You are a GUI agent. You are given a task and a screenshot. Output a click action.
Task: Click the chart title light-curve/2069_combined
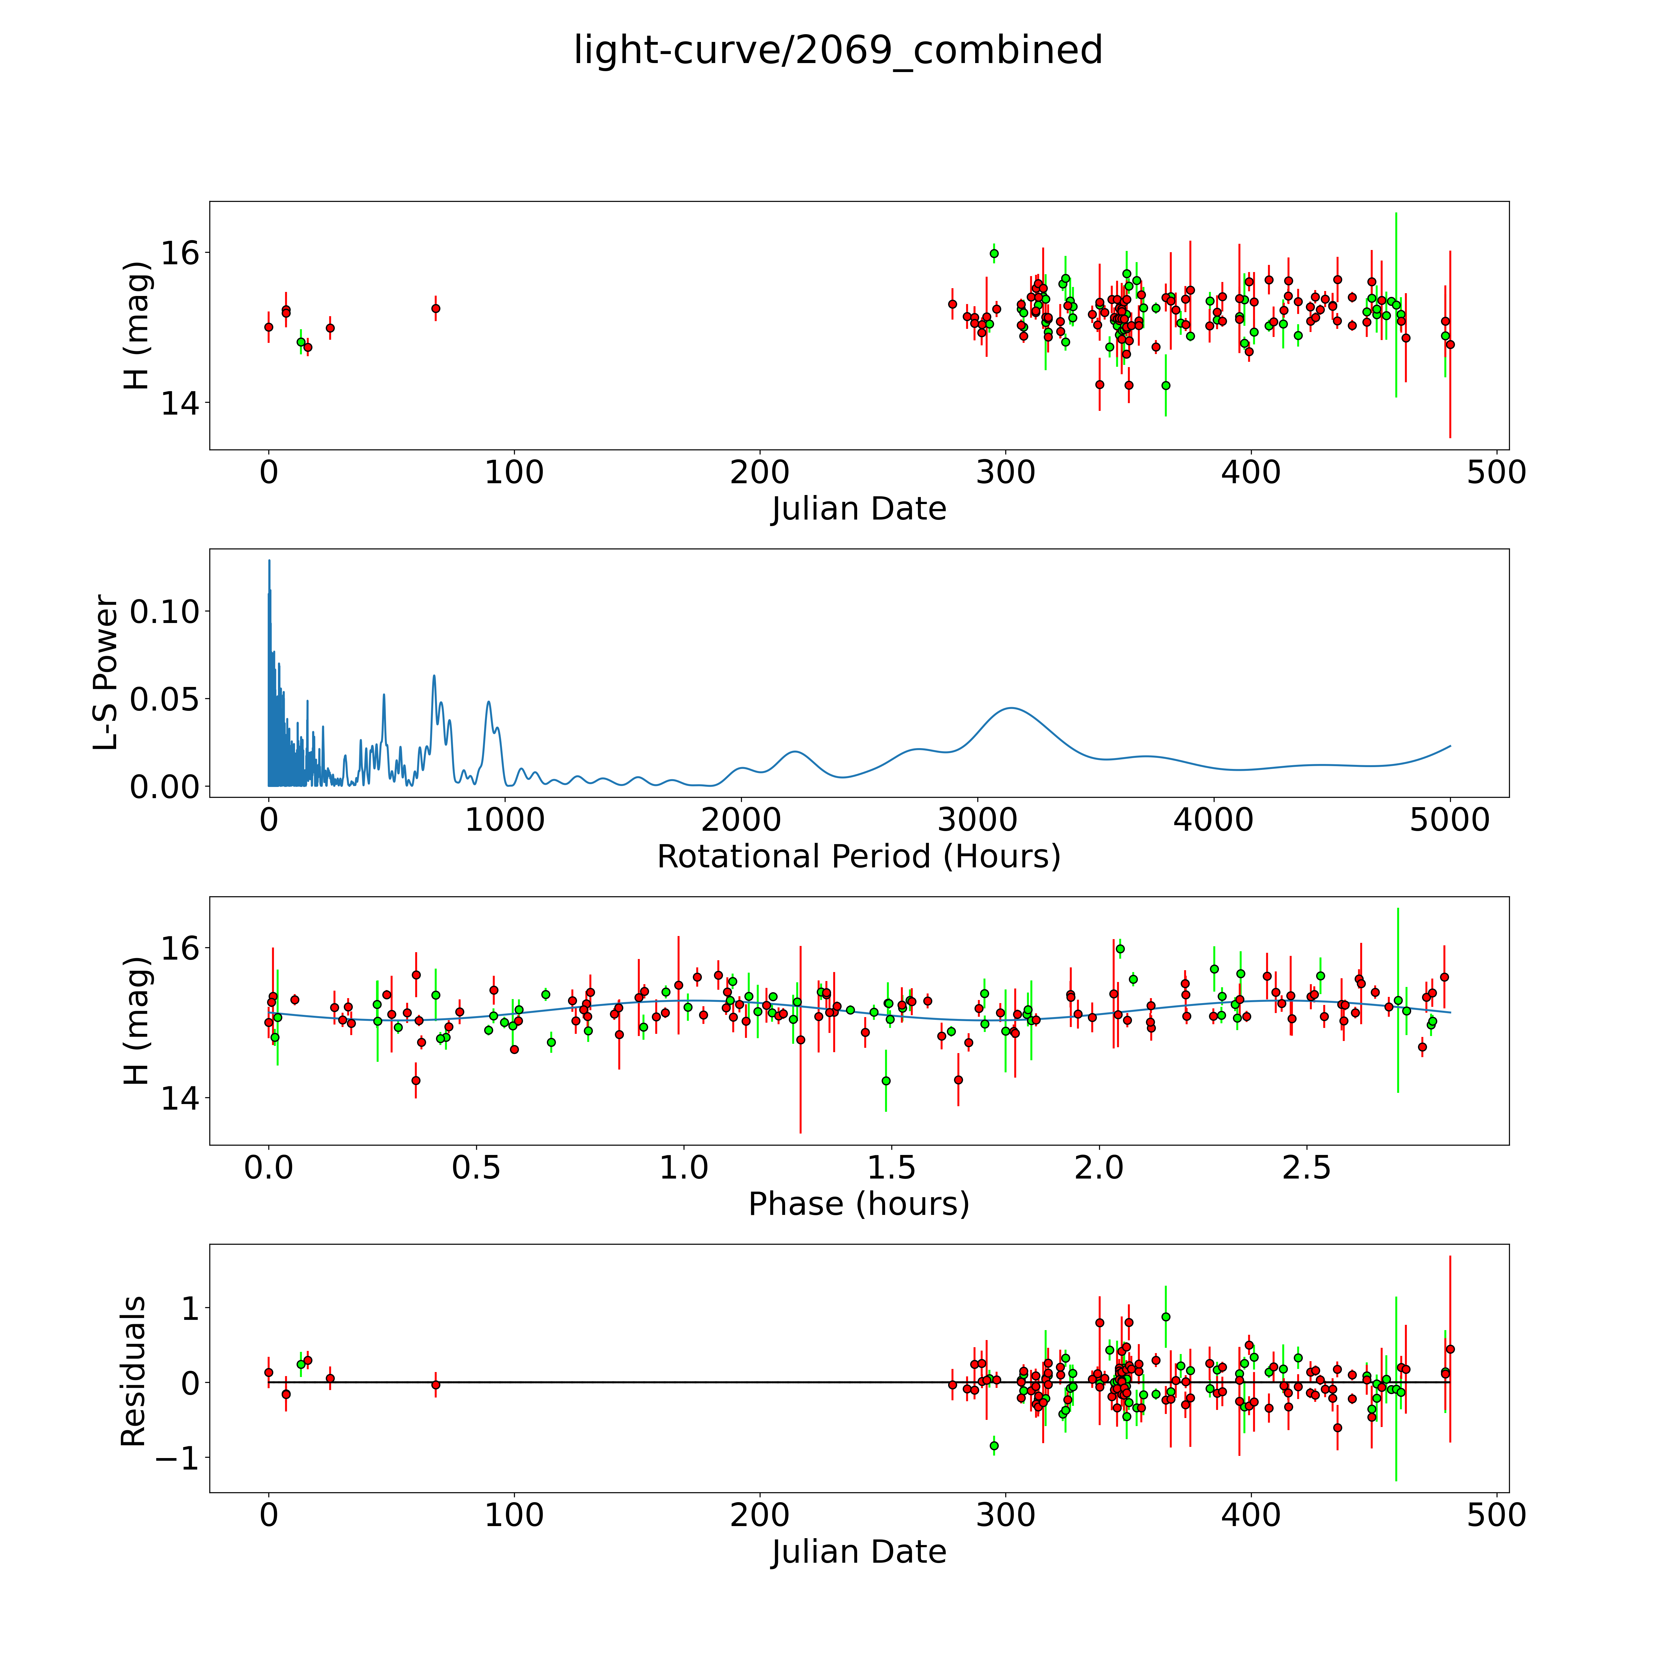pyautogui.click(x=838, y=50)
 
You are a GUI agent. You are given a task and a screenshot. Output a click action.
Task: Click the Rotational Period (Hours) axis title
pyautogui.click(x=858, y=857)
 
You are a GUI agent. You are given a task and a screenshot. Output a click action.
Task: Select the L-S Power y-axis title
pyautogui.click(x=106, y=673)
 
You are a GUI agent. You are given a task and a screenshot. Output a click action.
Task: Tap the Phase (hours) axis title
pyautogui.click(x=858, y=1204)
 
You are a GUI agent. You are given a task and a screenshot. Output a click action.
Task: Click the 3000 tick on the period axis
pyautogui.click(x=977, y=820)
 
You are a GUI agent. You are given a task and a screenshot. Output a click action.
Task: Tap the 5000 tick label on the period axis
pyautogui.click(x=1450, y=820)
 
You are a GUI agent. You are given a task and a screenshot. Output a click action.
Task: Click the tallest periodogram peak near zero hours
pyautogui.click(x=269, y=561)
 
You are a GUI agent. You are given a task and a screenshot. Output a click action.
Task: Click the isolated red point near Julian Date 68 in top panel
pyautogui.click(x=436, y=308)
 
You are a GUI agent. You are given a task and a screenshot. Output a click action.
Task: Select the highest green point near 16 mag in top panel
pyautogui.click(x=994, y=253)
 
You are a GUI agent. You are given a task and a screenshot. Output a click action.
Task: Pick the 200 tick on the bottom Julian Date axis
pyautogui.click(x=760, y=1516)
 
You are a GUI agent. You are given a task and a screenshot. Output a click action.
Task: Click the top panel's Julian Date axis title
pyautogui.click(x=858, y=509)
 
